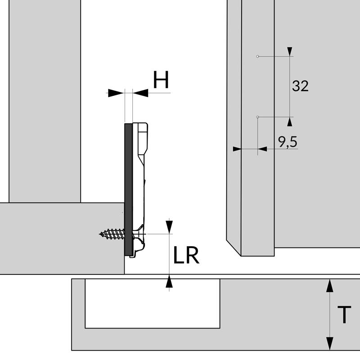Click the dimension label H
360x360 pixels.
[x=161, y=80]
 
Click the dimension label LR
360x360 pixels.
[x=186, y=256]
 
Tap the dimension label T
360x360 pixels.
[x=344, y=315]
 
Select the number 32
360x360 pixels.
[x=300, y=85]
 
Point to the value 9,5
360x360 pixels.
[x=288, y=142]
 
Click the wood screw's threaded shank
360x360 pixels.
[x=112, y=234]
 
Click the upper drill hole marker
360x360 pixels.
[x=257, y=56]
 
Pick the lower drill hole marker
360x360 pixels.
[x=257, y=117]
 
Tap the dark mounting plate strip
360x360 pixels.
[x=128, y=189]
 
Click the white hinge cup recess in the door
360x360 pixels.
[x=152, y=303]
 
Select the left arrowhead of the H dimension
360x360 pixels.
[x=116, y=93]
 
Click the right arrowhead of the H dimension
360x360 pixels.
[x=141, y=93]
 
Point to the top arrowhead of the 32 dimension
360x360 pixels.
[x=290, y=51]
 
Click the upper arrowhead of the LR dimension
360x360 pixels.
[x=169, y=227]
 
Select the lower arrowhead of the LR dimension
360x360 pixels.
[x=169, y=282]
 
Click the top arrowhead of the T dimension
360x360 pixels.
[x=330, y=285]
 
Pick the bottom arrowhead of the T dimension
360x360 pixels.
[x=330, y=344]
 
